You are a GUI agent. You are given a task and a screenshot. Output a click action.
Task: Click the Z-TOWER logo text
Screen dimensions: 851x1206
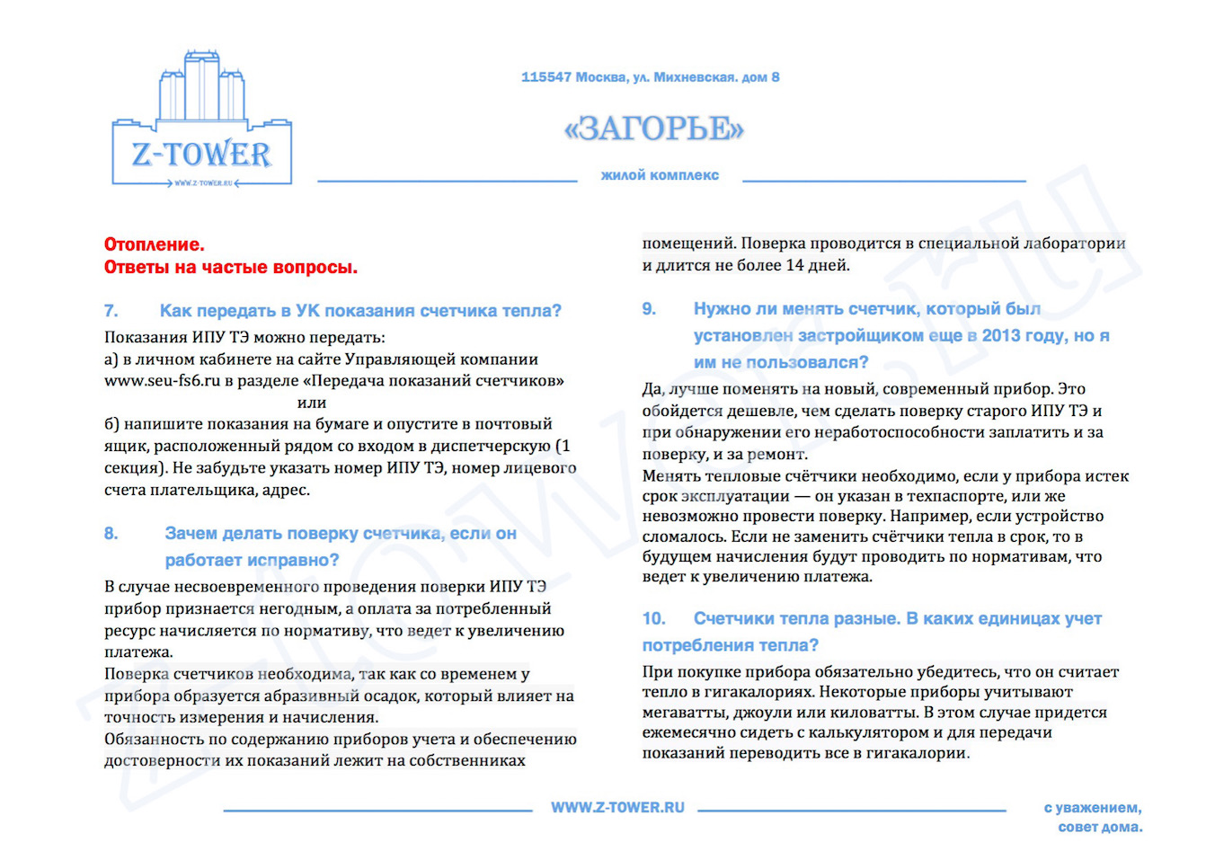pyautogui.click(x=201, y=155)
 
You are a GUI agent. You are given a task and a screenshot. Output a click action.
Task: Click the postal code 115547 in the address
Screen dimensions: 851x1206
pyautogui.click(x=545, y=77)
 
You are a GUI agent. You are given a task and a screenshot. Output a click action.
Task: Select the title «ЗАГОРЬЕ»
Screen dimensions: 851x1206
pyautogui.click(x=654, y=129)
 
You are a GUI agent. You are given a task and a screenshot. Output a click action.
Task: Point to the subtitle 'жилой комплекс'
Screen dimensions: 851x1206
pyautogui.click(x=660, y=175)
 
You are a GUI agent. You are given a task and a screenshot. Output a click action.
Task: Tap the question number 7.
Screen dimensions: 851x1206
pyautogui.click(x=111, y=311)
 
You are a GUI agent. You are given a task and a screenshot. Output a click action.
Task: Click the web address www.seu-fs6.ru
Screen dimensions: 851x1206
pyautogui.click(x=163, y=380)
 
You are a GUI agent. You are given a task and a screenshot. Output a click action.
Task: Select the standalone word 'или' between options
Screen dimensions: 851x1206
pyautogui.click(x=311, y=403)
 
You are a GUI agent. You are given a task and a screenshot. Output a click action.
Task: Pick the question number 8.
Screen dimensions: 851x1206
pyautogui.click(x=111, y=534)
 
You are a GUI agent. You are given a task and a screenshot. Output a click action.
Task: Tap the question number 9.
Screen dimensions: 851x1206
pyautogui.click(x=649, y=309)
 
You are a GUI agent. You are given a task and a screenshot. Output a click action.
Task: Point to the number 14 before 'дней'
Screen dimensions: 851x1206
pyautogui.click(x=794, y=265)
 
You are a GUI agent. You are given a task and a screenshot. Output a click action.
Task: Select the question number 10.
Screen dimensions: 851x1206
pyautogui.click(x=654, y=619)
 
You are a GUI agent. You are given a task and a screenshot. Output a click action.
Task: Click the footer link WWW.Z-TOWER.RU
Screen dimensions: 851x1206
pyautogui.click(x=617, y=808)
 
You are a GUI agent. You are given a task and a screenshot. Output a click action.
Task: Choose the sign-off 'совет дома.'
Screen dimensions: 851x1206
pyautogui.click(x=1100, y=827)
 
